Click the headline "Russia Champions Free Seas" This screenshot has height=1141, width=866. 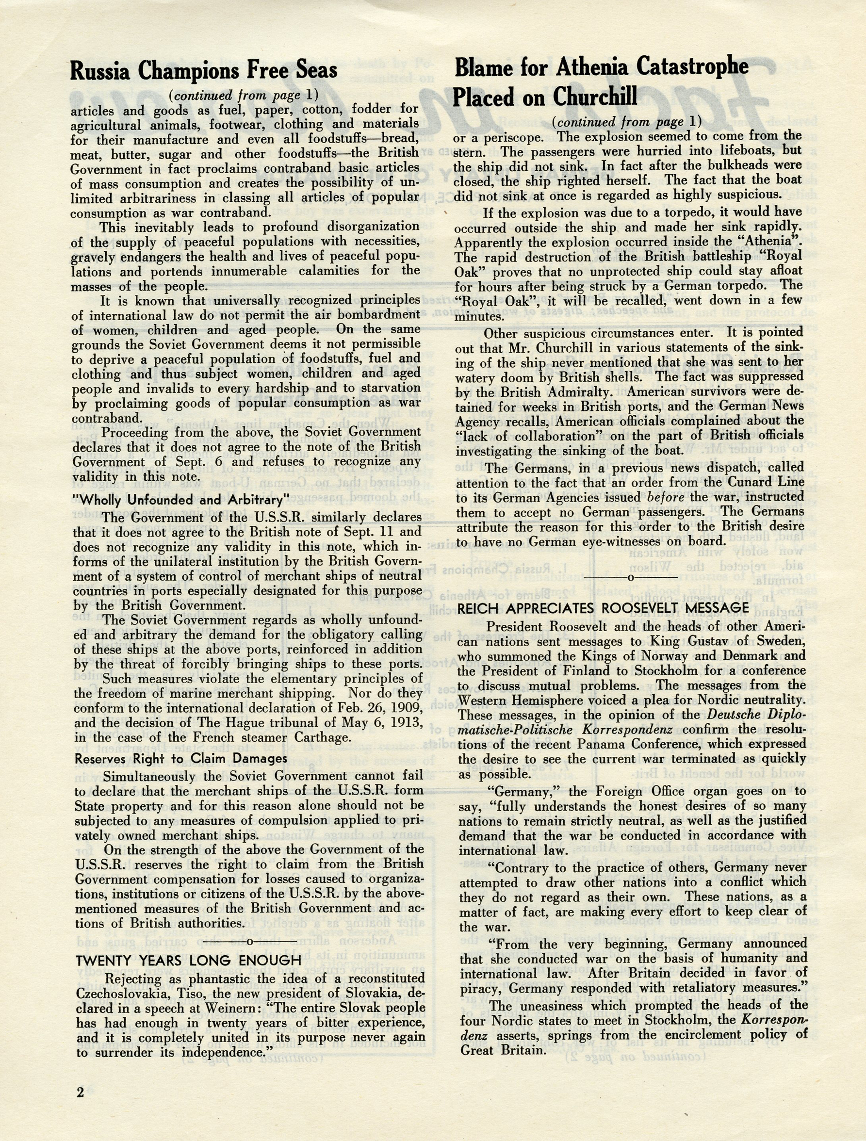204,70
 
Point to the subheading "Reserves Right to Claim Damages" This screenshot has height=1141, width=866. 180,758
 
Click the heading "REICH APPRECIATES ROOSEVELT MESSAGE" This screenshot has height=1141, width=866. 603,608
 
